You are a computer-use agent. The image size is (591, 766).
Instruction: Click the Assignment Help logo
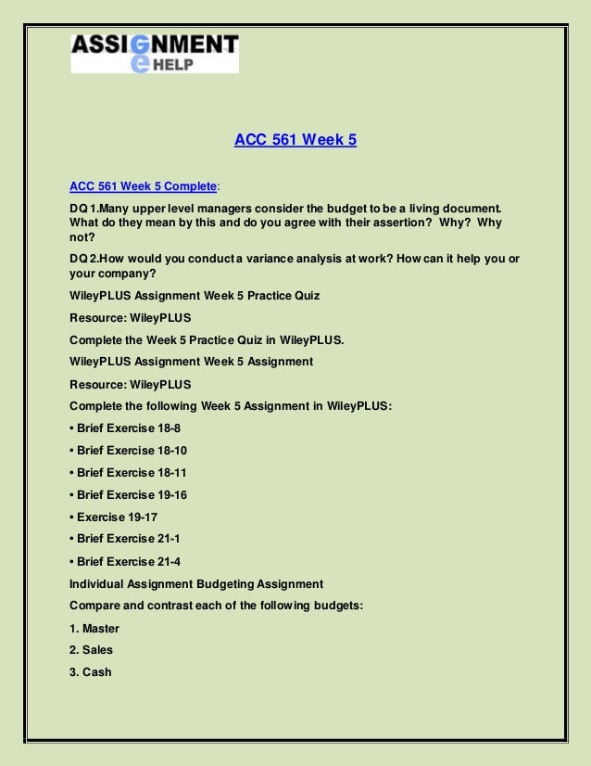pyautogui.click(x=155, y=53)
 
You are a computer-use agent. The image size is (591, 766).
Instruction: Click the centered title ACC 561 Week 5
pyautogui.click(x=295, y=141)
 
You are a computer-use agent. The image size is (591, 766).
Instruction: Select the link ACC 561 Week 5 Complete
pyautogui.click(x=143, y=185)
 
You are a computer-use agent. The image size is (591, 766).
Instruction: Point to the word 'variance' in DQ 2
pyautogui.click(x=258, y=260)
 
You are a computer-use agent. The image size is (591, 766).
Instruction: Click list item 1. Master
pyautogui.click(x=94, y=628)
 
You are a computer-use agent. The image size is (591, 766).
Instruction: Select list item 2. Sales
pyautogui.click(x=91, y=650)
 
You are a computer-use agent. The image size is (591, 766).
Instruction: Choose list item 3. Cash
pyautogui.click(x=91, y=672)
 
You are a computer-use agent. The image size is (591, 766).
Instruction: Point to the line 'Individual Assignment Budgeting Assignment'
pyautogui.click(x=196, y=583)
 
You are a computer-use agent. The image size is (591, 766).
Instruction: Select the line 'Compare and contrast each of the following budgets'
pyautogui.click(x=216, y=606)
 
